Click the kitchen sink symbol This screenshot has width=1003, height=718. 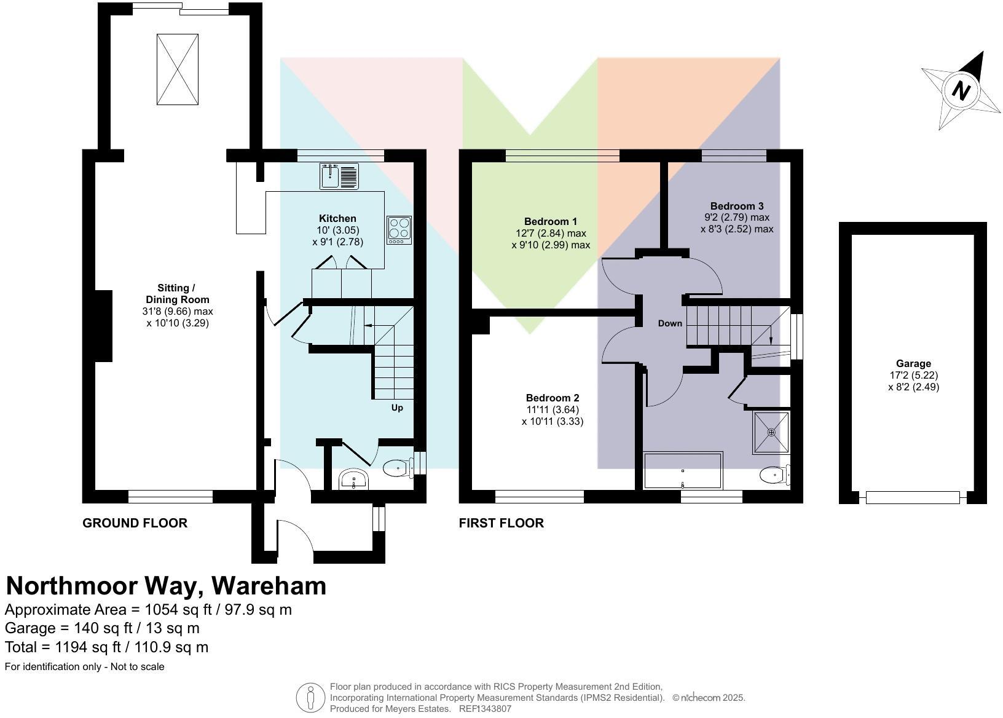339,176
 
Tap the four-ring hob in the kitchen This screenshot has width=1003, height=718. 399,230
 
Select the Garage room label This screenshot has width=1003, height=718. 913,363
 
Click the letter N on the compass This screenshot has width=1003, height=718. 961,91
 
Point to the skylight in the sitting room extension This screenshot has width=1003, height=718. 178,69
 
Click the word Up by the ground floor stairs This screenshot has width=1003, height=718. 397,408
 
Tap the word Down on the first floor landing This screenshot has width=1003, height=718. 670,323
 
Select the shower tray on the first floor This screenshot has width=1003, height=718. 771,433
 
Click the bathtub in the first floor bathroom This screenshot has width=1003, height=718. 683,471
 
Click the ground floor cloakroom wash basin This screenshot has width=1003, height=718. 354,479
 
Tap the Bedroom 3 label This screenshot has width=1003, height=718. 736,206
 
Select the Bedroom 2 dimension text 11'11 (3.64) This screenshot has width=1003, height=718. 553,409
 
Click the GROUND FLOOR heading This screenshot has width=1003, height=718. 135,523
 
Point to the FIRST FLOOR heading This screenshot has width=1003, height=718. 501,523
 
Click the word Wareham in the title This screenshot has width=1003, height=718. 269,586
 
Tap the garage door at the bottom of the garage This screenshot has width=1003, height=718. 913,497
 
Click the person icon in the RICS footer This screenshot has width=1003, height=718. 310,698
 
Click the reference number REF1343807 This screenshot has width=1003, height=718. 485,709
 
